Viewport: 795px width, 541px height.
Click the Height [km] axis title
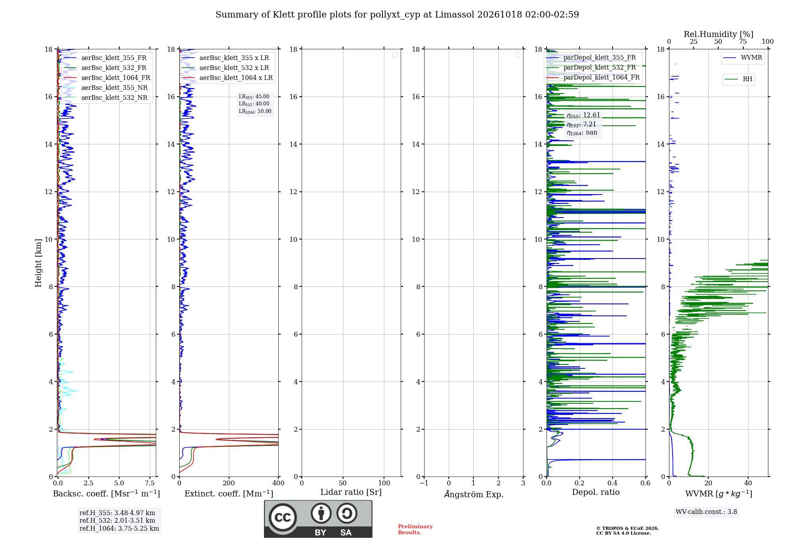[x=38, y=263]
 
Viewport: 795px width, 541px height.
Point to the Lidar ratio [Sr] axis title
[x=351, y=492]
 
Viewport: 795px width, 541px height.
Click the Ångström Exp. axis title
[x=474, y=494]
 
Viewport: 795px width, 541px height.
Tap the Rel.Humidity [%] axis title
[x=718, y=34]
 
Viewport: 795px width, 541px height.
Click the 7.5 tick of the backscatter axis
[x=150, y=483]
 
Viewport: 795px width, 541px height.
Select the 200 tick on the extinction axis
[x=229, y=483]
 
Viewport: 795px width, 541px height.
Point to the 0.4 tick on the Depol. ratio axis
[x=613, y=483]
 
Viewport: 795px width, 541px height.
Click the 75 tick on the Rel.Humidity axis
[x=743, y=42]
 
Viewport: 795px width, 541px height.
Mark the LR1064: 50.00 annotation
[x=255, y=111]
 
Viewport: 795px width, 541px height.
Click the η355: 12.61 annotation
[x=584, y=115]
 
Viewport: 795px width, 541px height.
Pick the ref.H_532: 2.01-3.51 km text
[x=117, y=521]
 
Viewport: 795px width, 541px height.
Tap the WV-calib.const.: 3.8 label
[x=706, y=512]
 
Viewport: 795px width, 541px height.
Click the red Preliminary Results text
[x=415, y=529]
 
